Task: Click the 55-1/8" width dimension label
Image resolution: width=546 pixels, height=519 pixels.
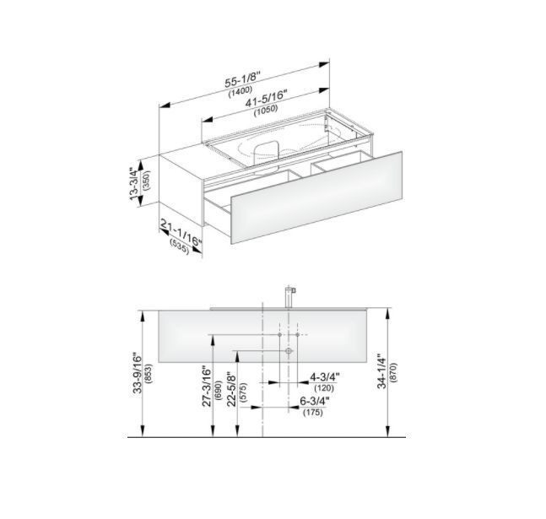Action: pos(243,80)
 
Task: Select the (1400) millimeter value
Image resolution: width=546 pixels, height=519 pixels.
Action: pos(241,91)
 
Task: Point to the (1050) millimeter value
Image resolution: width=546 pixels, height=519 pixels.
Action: pos(266,110)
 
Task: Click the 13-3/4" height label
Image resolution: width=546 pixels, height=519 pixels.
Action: pos(134,184)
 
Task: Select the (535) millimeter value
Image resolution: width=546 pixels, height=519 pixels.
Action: pos(180,247)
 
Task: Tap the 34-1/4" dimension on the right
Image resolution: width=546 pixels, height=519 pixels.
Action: pos(382,371)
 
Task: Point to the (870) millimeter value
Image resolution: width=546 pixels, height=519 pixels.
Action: pos(394,373)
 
